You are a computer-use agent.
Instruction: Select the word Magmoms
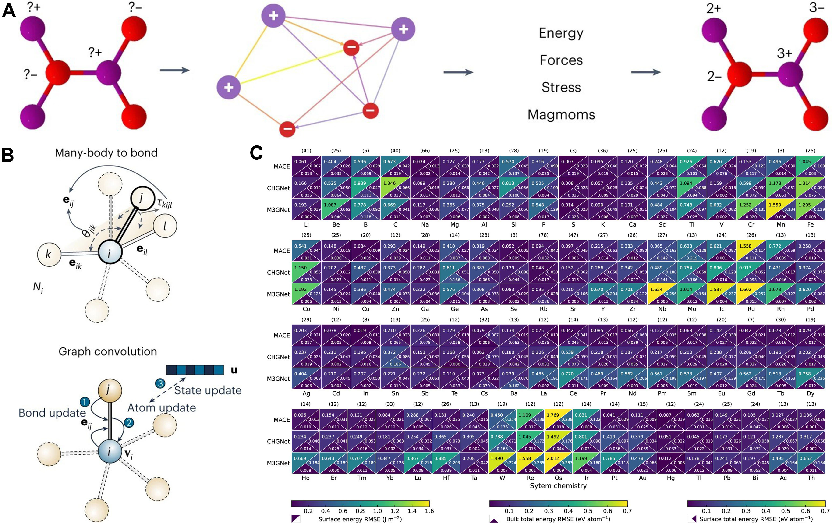tap(561, 114)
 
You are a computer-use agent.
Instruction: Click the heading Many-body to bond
tap(106, 153)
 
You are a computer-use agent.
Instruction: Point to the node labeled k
tap(49, 254)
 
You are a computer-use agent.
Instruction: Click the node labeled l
tap(165, 226)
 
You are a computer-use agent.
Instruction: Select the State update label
tap(208, 390)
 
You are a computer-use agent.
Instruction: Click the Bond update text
tap(52, 413)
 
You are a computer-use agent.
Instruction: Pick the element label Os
tap(558, 478)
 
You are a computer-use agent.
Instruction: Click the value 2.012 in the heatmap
tap(553, 458)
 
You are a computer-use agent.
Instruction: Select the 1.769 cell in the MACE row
tap(553, 415)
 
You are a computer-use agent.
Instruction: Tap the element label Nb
tap(662, 309)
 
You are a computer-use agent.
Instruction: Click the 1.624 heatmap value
tap(656, 290)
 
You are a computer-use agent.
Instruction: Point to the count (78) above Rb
tap(543, 235)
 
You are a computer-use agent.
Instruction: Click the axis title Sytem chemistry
tap(558, 486)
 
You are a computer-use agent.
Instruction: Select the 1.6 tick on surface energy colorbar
tap(429, 511)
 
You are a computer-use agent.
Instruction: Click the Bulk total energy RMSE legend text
tap(558, 519)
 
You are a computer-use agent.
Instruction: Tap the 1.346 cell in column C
tap(389, 183)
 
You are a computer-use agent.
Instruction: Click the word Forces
tap(561, 60)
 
